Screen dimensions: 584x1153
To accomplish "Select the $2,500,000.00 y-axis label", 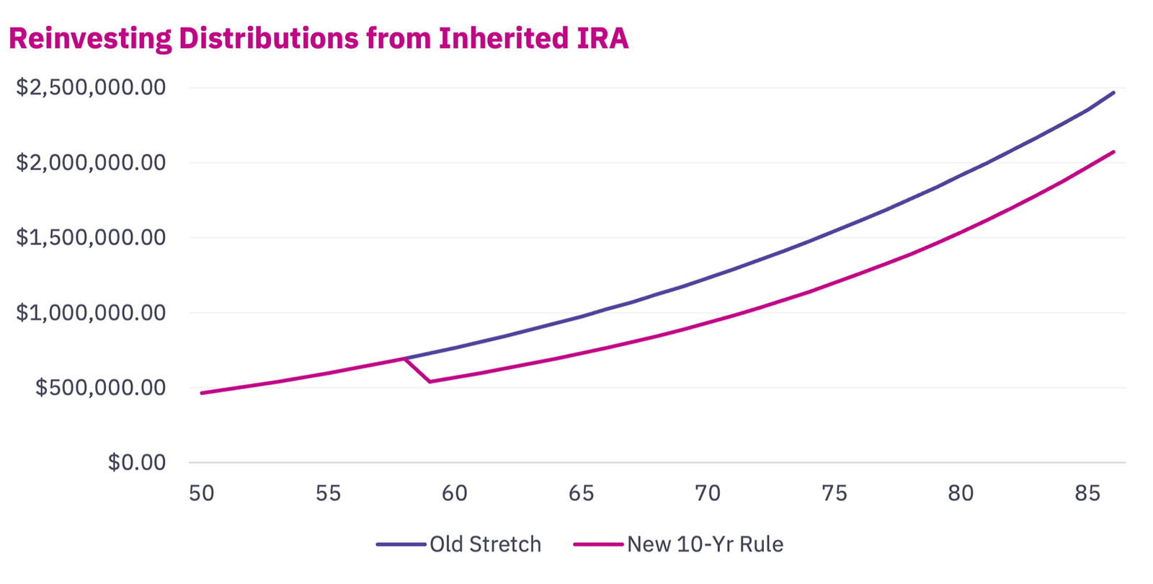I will coord(91,87).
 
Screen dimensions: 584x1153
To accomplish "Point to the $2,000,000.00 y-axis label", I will coord(91,162).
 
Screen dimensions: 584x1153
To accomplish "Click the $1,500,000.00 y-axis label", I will coord(91,237).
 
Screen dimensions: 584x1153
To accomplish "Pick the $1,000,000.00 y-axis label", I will coord(91,312).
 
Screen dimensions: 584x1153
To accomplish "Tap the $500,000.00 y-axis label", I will coord(100,387).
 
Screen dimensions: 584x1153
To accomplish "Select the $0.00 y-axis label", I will coord(137,462).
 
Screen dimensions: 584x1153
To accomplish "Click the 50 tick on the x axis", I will coord(202,493).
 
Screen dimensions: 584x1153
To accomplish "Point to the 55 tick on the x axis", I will coord(328,493).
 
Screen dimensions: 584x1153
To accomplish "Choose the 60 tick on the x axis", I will coord(455,493).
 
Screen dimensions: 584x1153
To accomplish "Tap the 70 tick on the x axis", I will coord(708,493).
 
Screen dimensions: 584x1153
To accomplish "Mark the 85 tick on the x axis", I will coord(1087,493).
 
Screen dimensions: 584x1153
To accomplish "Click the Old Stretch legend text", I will coord(485,544).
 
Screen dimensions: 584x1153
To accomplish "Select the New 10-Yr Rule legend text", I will coord(705,544).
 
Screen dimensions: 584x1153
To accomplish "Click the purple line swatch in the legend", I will coord(401,544).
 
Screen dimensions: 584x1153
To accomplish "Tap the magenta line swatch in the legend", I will coord(598,544).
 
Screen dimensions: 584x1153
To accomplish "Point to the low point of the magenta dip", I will coord(430,381).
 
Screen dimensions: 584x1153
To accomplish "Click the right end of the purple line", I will coord(1113,92).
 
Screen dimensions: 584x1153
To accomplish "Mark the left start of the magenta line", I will coord(202,393).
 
